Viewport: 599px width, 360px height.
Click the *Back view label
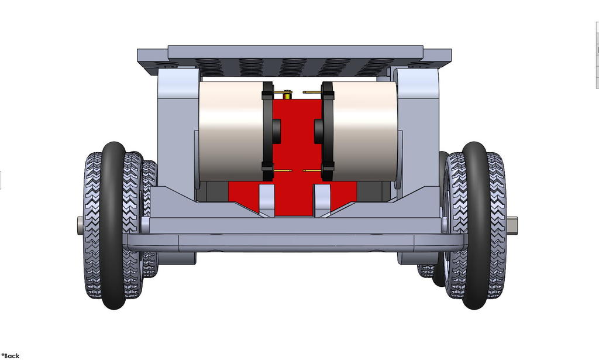(x=11, y=355)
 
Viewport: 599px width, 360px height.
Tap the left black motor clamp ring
(x=268, y=132)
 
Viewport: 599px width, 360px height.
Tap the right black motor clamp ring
(x=328, y=132)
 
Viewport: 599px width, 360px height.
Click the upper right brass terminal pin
(x=311, y=92)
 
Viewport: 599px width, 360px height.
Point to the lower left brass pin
(x=283, y=171)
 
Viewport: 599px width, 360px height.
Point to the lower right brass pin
(x=312, y=171)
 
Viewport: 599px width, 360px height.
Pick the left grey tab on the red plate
(x=267, y=200)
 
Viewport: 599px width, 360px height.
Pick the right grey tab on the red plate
(x=323, y=200)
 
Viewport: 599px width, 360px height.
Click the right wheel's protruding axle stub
(x=512, y=224)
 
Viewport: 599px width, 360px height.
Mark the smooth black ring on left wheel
(x=113, y=225)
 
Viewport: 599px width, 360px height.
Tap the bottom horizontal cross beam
(x=295, y=240)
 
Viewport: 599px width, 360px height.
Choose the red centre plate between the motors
(x=297, y=146)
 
